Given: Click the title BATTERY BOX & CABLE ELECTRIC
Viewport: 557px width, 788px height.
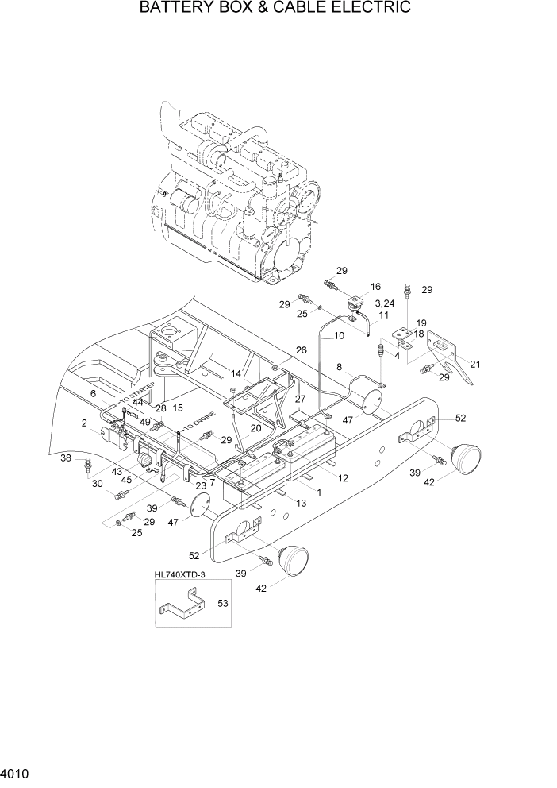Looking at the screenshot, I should (275, 9).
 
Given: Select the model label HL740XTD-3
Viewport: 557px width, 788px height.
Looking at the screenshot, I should (180, 574).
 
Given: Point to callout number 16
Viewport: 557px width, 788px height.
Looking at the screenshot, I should (375, 286).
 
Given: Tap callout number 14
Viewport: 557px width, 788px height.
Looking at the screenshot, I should (236, 373).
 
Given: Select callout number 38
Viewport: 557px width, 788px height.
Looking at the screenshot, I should (66, 458).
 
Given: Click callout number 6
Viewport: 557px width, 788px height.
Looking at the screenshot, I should (93, 393).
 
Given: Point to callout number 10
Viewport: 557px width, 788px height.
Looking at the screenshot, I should (339, 336).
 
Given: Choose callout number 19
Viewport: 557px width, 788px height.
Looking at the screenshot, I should (421, 323).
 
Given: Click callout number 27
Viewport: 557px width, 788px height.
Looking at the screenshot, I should (300, 399).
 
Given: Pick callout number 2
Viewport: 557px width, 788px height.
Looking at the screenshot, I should (83, 423).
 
